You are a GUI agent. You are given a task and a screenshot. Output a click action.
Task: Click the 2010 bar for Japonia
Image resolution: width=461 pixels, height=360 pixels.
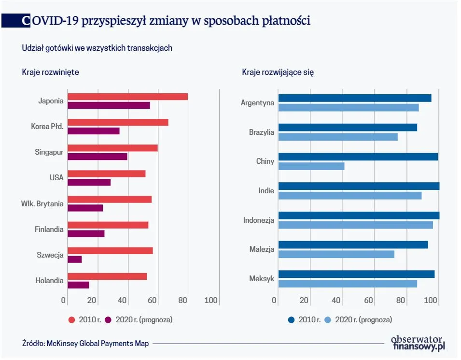point(127,97)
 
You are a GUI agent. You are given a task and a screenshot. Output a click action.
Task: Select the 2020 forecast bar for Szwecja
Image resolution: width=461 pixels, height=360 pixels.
point(75,259)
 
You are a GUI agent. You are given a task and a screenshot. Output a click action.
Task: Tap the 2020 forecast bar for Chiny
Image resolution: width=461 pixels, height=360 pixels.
point(311,166)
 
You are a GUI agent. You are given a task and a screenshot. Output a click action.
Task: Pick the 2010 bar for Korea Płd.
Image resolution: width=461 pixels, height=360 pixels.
point(118,122)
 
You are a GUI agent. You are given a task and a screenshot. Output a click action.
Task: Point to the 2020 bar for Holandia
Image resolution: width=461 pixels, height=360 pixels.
point(78,285)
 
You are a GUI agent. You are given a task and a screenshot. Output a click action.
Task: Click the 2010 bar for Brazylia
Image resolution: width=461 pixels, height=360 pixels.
point(348,128)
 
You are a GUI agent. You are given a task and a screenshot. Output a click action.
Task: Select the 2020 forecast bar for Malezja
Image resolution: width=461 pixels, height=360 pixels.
point(336,254)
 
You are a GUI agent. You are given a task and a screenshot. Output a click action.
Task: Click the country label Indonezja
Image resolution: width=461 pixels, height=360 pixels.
point(259,220)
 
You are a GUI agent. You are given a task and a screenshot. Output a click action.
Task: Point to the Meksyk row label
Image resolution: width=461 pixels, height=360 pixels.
point(262,279)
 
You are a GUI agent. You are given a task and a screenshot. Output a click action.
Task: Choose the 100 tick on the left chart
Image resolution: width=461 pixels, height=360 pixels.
point(211,301)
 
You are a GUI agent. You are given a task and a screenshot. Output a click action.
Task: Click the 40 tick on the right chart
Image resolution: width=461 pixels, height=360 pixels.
point(336,301)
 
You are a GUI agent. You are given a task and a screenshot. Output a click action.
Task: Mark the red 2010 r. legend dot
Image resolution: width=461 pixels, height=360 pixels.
point(71,320)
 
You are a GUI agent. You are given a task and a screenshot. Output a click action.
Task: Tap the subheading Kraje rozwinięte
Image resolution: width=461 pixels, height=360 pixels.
point(50,72)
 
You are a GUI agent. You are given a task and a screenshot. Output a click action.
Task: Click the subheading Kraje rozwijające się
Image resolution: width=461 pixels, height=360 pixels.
point(278,72)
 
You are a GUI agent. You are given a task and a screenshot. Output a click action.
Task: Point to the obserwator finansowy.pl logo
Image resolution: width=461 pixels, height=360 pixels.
point(418,343)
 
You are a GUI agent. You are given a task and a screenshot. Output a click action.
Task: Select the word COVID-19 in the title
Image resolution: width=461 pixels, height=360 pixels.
point(51,21)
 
